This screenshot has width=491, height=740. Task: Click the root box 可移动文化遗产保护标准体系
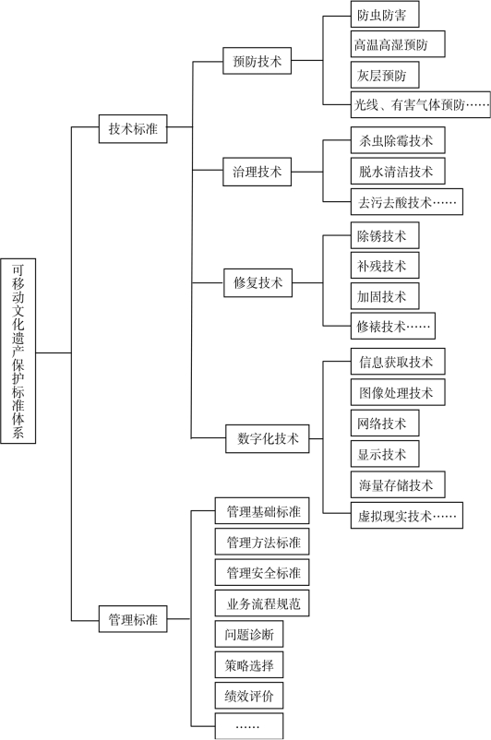coord(18,351)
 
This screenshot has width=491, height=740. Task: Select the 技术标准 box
coord(133,128)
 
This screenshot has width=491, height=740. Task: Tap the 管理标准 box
coord(133,619)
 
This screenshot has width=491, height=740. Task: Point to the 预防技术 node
coord(257,60)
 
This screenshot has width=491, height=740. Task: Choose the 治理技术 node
coord(257,172)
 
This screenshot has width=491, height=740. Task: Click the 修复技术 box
coord(257,282)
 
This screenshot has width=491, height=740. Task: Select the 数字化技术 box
coord(268,438)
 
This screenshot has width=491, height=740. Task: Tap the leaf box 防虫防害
coord(385,15)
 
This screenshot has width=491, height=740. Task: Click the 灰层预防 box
coord(385,75)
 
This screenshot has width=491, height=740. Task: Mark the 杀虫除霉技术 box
coord(398,140)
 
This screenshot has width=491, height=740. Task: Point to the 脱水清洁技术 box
coord(398,171)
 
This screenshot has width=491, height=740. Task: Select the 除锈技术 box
coord(385,235)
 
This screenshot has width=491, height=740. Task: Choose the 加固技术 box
coord(385,296)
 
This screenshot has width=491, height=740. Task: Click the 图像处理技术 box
coord(398,392)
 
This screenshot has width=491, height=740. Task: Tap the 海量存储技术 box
coord(398,484)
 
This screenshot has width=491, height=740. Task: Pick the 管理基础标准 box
coord(262,510)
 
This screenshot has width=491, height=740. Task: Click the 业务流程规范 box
coord(262,603)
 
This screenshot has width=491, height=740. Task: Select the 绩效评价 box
coord(249,695)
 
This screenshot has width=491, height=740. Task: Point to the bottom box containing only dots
coord(249,726)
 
